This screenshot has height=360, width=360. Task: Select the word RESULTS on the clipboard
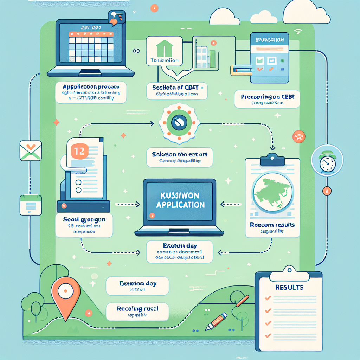[x=289, y=287]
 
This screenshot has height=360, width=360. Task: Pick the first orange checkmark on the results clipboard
[x=268, y=298]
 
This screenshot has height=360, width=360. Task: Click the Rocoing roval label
[x=137, y=309]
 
